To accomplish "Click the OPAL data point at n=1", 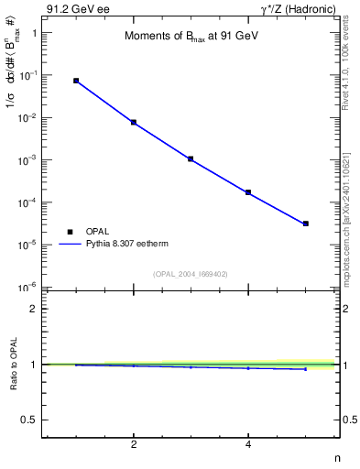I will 76,81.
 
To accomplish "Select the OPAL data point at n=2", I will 134,122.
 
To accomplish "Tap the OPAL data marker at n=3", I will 191,158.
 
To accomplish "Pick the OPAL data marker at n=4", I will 248,192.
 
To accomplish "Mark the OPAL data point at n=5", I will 306,224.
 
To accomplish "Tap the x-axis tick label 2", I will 134,445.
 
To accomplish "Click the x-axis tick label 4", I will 248,445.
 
